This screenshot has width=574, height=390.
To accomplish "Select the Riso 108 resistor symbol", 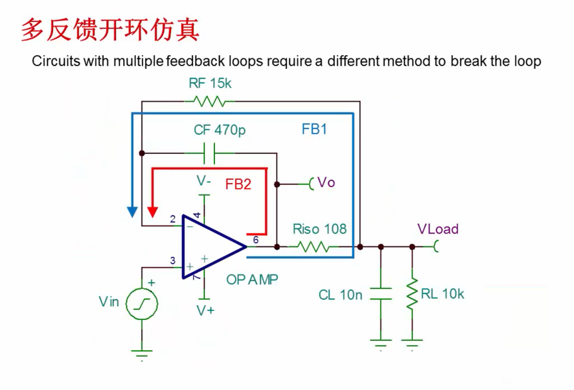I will [x=313, y=247].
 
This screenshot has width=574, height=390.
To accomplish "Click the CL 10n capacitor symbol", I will [x=381, y=294].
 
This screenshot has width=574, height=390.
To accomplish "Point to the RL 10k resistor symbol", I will [x=412, y=294].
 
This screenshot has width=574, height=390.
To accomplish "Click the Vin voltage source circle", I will [x=142, y=303].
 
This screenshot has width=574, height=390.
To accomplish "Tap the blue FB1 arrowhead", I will [x=132, y=212].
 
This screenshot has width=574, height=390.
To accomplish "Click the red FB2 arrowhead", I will [x=153, y=212].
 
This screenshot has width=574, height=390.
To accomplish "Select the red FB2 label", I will [x=238, y=184].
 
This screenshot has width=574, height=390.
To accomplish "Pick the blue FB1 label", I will [x=314, y=129].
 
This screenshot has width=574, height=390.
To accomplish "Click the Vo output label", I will [x=327, y=183].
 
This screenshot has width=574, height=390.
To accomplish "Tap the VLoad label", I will [x=438, y=229].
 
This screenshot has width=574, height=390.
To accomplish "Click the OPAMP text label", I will [x=252, y=280].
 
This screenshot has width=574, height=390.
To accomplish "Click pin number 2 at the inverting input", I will [x=173, y=219].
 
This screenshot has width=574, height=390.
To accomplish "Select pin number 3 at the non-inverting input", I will [x=173, y=261].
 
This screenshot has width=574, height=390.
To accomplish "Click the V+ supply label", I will [x=205, y=310].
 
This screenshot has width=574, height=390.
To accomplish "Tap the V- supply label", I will [x=205, y=181].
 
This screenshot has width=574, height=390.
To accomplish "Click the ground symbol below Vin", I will [x=142, y=353].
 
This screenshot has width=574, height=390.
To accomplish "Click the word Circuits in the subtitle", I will [x=55, y=62].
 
